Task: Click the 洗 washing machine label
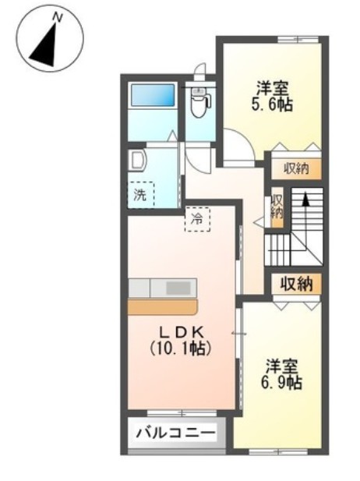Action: click(x=141, y=195)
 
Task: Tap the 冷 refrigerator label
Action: click(x=197, y=220)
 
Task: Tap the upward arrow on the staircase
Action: click(x=307, y=204)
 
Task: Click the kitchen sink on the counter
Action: click(x=178, y=288)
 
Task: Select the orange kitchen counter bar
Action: click(x=164, y=306)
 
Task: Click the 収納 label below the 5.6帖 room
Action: click(x=295, y=168)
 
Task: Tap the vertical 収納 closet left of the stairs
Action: click(x=276, y=207)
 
